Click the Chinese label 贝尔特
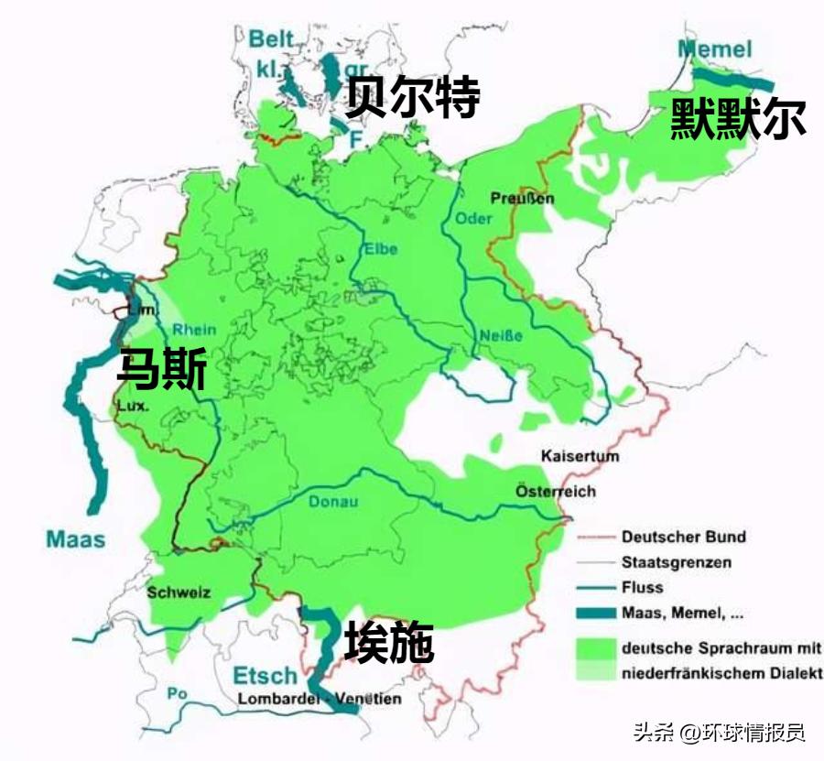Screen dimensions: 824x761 click(412, 98)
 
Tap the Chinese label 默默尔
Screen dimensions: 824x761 click(738, 118)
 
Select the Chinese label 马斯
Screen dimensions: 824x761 click(161, 371)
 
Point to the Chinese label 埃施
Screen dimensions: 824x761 click(388, 644)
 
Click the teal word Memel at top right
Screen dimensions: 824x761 click(714, 49)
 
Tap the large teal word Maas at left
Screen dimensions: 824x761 click(75, 538)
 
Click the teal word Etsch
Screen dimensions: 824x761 click(266, 676)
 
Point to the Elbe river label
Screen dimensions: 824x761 click(380, 247)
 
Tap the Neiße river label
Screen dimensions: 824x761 click(501, 336)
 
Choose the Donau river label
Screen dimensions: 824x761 click(332, 502)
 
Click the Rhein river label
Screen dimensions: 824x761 click(195, 330)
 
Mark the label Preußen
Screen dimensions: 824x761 click(522, 198)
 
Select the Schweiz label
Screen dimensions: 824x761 click(179, 592)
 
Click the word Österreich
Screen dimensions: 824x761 click(555, 491)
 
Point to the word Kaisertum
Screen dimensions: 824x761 click(580, 455)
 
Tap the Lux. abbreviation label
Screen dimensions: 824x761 click(132, 405)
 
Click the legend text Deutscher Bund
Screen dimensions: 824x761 click(683, 537)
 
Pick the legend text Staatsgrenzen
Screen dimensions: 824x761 click(676, 562)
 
